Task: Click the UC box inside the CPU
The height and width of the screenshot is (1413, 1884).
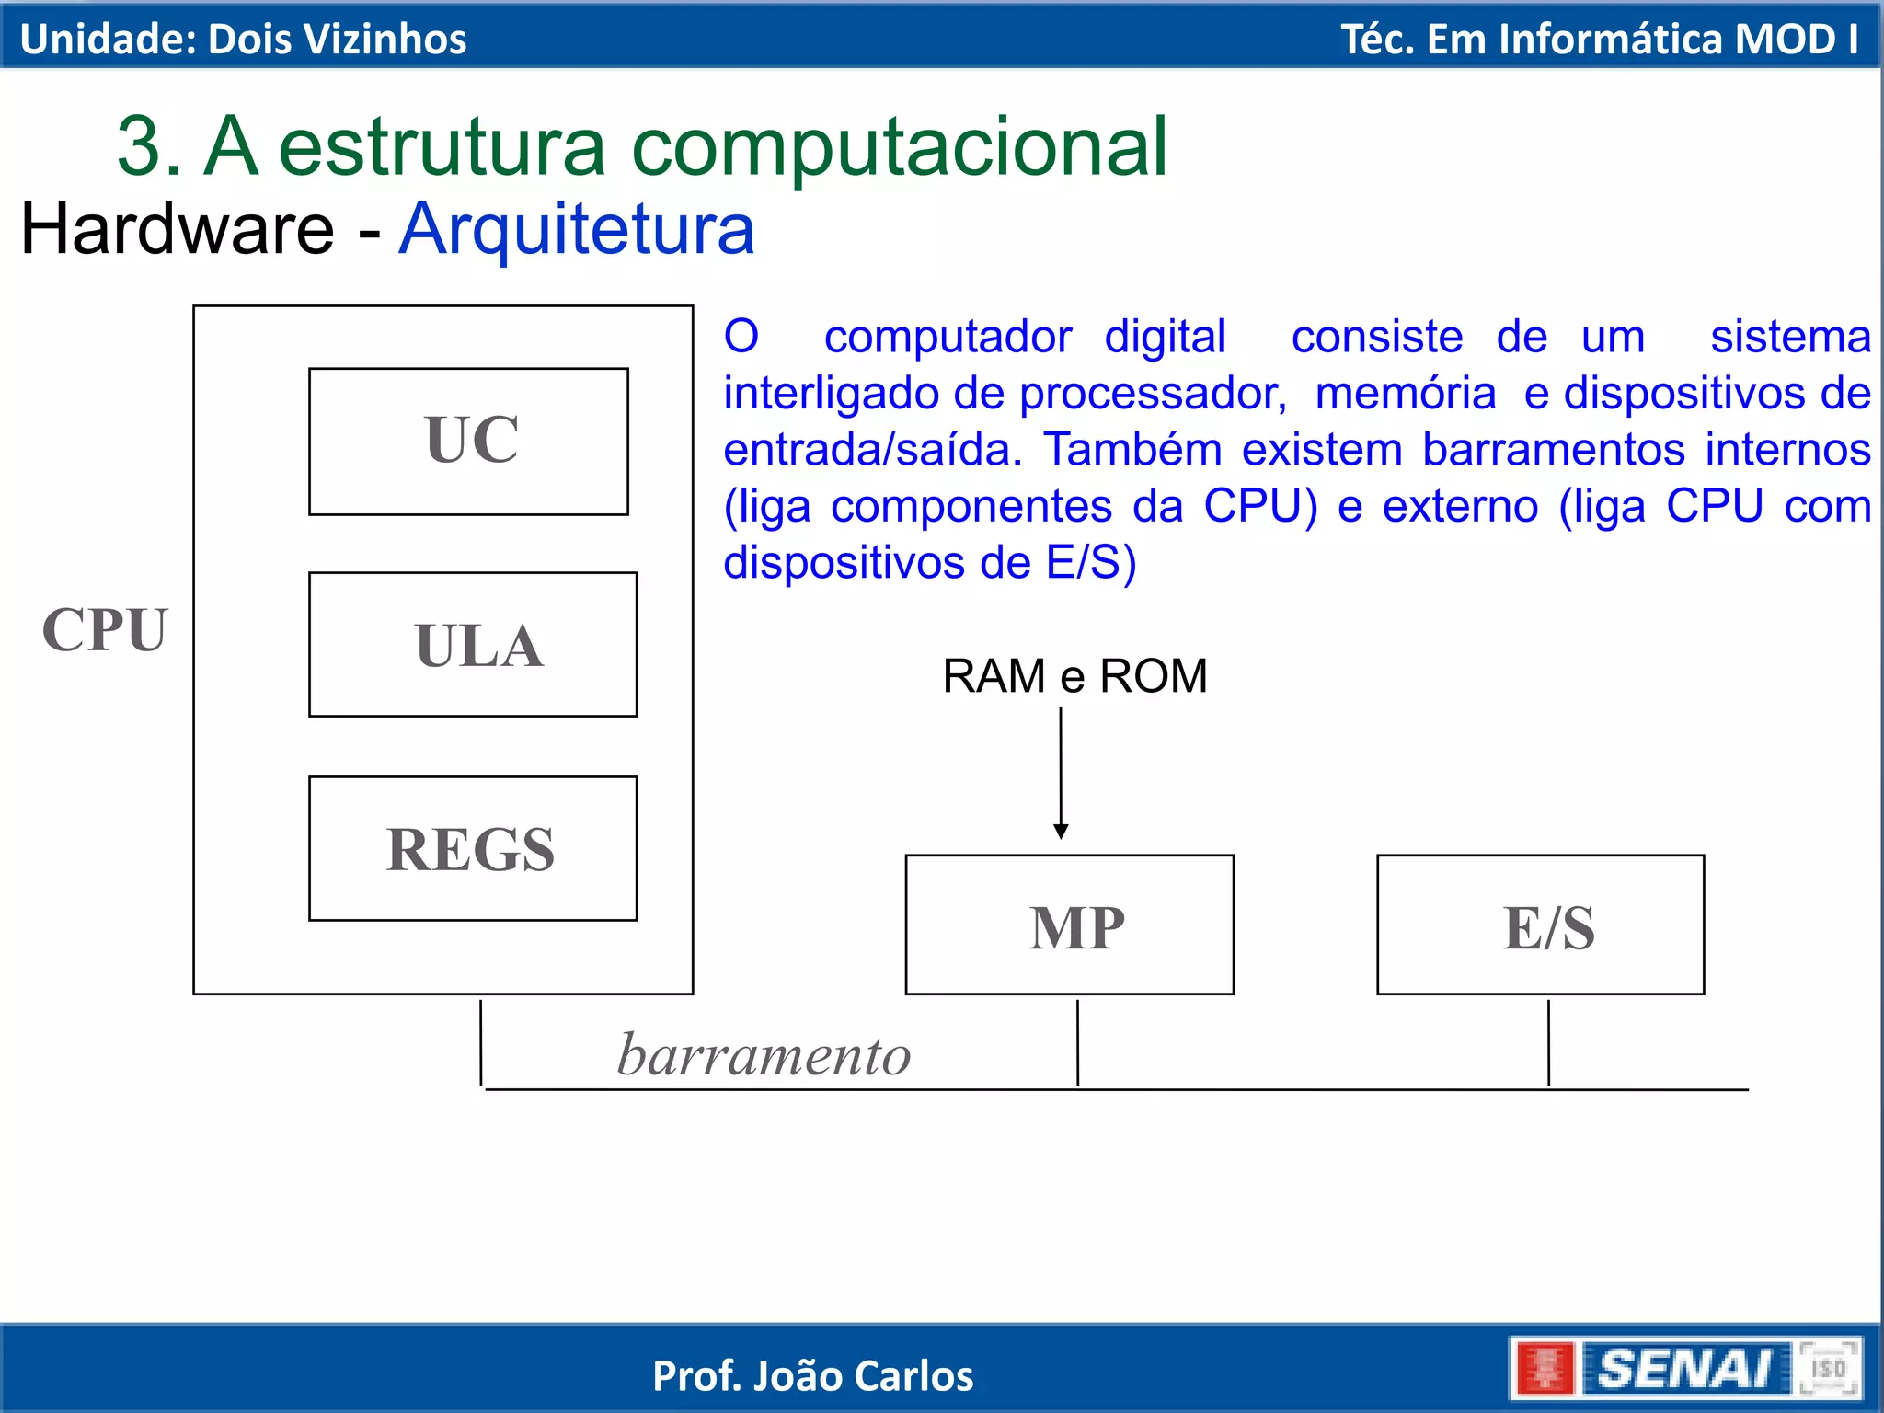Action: click(469, 442)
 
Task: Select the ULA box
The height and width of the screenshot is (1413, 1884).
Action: click(473, 644)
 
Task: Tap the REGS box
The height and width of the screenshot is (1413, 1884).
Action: click(473, 848)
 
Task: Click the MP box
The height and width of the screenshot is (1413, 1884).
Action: click(1069, 925)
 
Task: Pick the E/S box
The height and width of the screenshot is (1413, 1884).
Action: click(1540, 925)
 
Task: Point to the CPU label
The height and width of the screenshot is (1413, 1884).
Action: click(105, 630)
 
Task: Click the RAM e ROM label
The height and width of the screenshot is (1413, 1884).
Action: click(1074, 676)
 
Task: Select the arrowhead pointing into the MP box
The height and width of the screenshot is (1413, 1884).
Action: click(1061, 831)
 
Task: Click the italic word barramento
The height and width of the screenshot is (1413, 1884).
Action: click(764, 1054)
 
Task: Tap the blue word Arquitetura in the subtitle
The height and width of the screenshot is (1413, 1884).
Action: click(577, 228)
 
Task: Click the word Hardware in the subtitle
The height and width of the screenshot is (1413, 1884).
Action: click(178, 228)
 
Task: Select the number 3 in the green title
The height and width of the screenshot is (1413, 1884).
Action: click(138, 147)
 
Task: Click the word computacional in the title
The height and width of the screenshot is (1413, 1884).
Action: click(900, 147)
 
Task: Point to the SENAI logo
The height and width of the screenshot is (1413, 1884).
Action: click(1685, 1368)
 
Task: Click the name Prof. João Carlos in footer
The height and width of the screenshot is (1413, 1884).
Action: click(812, 1376)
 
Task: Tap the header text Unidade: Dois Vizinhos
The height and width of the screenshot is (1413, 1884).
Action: click(243, 39)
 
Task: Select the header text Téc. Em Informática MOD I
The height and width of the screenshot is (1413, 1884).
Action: click(1599, 39)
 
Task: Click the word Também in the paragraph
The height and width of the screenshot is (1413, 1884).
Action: click(1132, 450)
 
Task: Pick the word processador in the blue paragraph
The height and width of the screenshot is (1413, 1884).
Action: click(1153, 394)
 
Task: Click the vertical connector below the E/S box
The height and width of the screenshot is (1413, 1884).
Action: click(1548, 1042)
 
